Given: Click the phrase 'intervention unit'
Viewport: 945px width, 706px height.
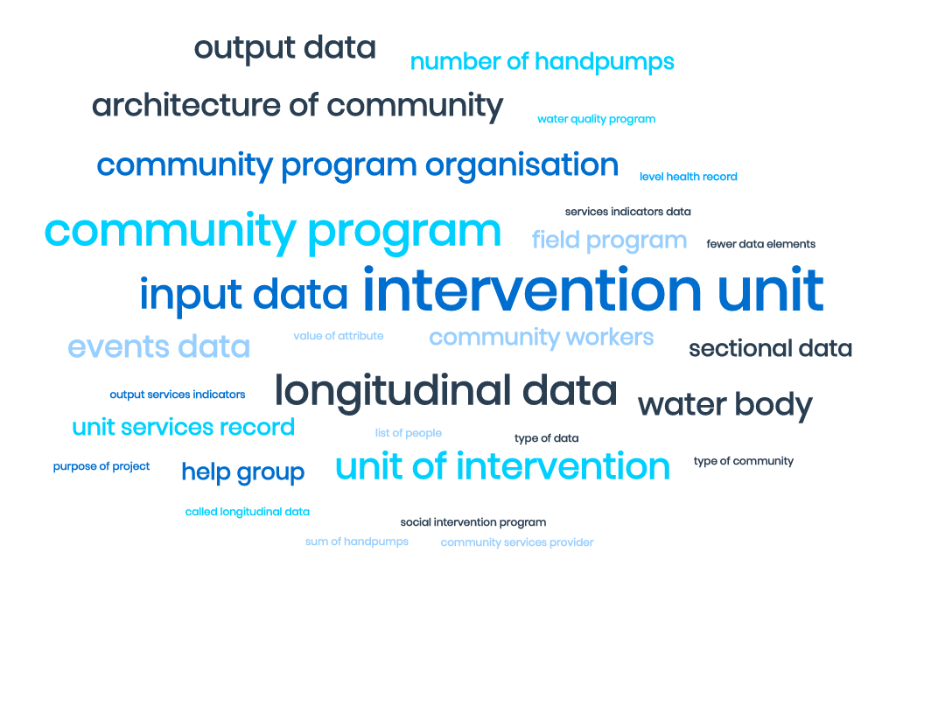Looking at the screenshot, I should pos(592,290).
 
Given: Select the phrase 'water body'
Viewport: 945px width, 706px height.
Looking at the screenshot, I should pos(724,405).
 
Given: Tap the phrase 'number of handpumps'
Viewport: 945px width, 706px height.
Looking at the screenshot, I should pos(542,62).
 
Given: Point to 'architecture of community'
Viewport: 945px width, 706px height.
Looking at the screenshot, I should pos(297,106).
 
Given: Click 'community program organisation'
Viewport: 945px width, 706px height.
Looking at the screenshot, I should pos(357,164).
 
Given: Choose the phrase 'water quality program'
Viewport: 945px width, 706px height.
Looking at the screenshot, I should pos(596,119).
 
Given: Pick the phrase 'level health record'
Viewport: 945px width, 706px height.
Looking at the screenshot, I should pos(688,177).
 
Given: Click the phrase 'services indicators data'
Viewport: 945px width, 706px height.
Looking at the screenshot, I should pos(627,212).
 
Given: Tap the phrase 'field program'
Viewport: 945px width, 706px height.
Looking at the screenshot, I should pos(609,240).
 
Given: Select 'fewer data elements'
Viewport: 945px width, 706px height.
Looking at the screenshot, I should pos(760,244).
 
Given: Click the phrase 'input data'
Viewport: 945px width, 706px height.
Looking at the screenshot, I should pos(243,295).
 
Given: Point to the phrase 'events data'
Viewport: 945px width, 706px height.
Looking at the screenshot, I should pos(158,347).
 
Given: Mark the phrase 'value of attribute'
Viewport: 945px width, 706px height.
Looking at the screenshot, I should pos(338,336).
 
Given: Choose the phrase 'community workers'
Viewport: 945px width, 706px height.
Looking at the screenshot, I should pos(541,338).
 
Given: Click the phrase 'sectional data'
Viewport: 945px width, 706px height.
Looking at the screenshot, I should pos(770,349).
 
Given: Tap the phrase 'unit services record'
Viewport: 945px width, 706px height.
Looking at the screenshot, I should pos(183,428).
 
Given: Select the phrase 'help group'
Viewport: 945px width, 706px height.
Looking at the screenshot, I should pos(242,473).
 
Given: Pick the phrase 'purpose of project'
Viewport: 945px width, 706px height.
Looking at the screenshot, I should pos(101,466).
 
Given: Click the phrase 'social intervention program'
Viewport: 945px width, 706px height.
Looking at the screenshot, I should pos(472,522).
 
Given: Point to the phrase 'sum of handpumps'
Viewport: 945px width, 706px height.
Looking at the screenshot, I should pos(356,542).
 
